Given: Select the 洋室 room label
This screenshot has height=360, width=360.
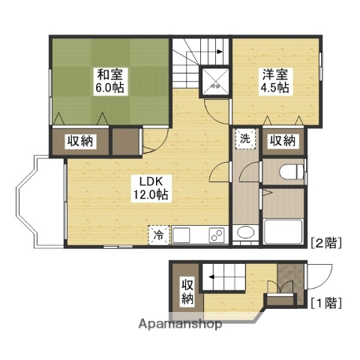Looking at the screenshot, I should [x=273, y=74].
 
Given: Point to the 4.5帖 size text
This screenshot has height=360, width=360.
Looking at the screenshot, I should [x=273, y=87].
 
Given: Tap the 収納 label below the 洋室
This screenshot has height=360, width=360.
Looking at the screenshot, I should [x=282, y=141].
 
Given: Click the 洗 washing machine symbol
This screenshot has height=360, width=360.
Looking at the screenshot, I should [x=244, y=139].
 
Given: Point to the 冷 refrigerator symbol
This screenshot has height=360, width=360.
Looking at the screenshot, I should [x=158, y=235].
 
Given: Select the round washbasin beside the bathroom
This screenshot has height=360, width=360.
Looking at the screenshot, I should [x=244, y=235].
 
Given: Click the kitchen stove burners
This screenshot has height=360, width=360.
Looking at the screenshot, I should [x=217, y=235].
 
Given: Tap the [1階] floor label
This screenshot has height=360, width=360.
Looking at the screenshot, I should [x=327, y=304].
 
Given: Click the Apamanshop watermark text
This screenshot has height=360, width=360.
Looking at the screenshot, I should [x=180, y=325].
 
